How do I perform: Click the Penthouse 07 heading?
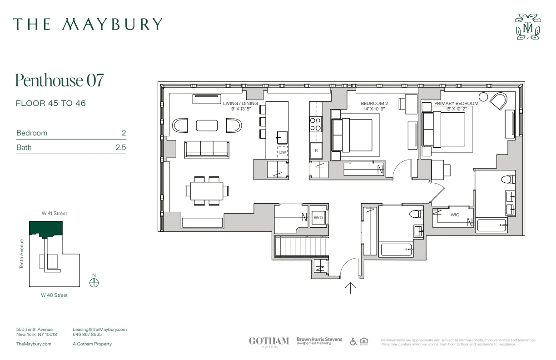click(x=60, y=80)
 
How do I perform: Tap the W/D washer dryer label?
click(x=318, y=218)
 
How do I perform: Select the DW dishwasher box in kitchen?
click(x=283, y=152)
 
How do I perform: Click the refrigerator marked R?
click(x=316, y=150)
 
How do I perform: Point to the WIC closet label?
click(x=455, y=215)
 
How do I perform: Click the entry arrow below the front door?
click(x=351, y=288)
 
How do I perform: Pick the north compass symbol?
click(x=94, y=282)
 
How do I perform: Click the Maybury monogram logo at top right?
click(x=528, y=26)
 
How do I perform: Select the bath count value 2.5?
click(x=120, y=147)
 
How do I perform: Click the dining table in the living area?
click(x=207, y=190)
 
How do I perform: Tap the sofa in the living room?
click(x=207, y=148)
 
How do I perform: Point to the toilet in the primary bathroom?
click(x=508, y=179)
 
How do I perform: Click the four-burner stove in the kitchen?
click(x=315, y=124)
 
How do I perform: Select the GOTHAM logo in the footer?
click(x=269, y=341)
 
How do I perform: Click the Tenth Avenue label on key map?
click(x=21, y=254)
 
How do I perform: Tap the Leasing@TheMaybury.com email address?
click(x=99, y=330)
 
